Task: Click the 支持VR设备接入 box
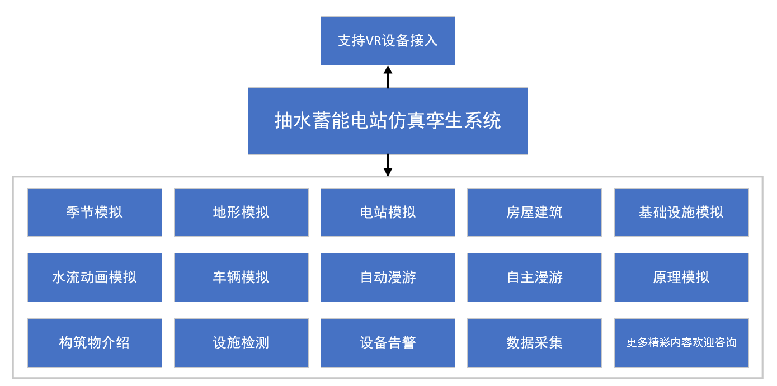(x=388, y=41)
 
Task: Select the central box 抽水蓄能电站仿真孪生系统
(x=388, y=121)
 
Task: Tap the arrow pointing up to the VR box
(x=388, y=76)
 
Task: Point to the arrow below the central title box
(x=388, y=166)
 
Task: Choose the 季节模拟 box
(x=95, y=212)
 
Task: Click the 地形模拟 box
(x=241, y=212)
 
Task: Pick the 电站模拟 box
(x=388, y=212)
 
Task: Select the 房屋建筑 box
(x=534, y=212)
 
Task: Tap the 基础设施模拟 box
(x=681, y=212)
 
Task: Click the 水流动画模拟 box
(x=95, y=277)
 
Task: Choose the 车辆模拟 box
(x=241, y=277)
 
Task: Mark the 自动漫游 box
(x=388, y=277)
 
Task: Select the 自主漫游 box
(x=534, y=277)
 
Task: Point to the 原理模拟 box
(x=681, y=277)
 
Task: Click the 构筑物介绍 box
(x=95, y=343)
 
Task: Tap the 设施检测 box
(x=241, y=343)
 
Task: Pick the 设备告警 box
(x=388, y=343)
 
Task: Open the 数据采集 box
(x=534, y=343)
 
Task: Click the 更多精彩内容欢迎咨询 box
(x=681, y=343)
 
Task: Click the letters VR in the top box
(x=373, y=41)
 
